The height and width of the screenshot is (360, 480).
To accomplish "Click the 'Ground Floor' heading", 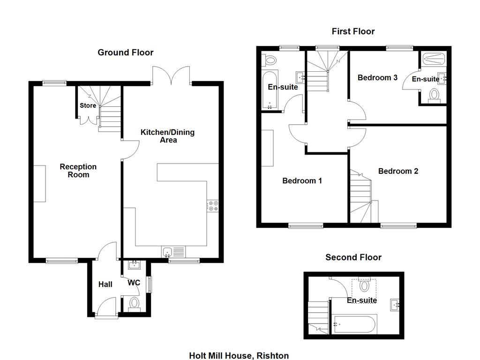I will pos(125,52).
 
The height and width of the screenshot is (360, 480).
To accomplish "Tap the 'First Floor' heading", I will pos(353,31).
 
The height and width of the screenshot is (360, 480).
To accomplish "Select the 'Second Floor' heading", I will pos(353,257).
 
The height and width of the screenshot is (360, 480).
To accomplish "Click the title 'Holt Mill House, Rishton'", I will pos(239,356).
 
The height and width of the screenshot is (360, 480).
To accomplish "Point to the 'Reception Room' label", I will pos(78,171).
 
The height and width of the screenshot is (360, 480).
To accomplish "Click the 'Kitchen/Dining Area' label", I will pos(167,136).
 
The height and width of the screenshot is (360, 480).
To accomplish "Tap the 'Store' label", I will pos(88,105).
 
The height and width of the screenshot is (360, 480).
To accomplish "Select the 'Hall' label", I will pos(105,284).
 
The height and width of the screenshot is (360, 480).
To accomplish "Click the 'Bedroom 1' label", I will pos(302,180).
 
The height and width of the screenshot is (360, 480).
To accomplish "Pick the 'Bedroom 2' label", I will pos(398,171).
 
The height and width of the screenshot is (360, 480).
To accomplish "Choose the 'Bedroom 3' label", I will pos(377,77).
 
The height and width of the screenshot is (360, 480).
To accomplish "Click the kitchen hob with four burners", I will pos(212,206).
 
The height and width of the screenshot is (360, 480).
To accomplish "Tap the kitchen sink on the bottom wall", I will pos(173,252).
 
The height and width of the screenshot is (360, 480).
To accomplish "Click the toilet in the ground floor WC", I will pos(134,303).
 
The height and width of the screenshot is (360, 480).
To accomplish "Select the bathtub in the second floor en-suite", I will pos(353,323).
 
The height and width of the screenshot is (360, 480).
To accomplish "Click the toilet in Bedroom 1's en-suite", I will pos(270,60).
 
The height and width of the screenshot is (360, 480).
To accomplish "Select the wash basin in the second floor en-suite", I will pos(395,305).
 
